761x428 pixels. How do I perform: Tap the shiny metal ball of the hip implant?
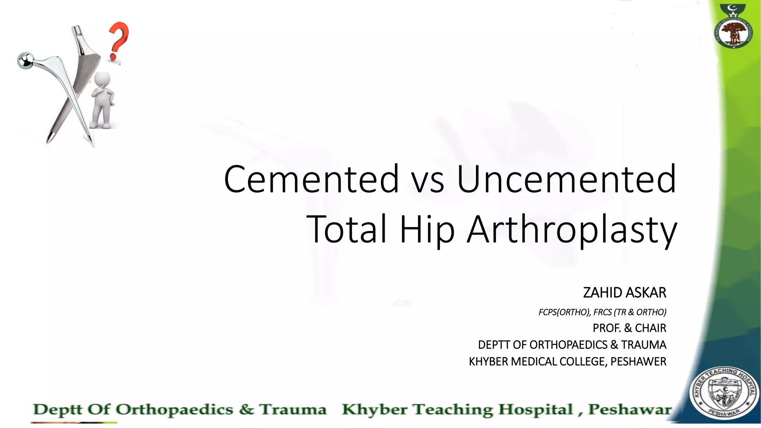[x=25, y=60]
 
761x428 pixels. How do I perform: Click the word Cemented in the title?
[x=311, y=179]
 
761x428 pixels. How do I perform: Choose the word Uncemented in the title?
[x=566, y=179]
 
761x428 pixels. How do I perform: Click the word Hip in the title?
[x=427, y=230]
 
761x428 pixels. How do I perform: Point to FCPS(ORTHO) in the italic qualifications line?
[x=564, y=312]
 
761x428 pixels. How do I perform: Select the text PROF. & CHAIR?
[x=629, y=328]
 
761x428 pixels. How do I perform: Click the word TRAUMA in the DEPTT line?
[x=644, y=345]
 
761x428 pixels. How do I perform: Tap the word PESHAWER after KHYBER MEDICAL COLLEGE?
[x=638, y=361]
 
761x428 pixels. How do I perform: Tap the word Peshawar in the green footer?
[x=630, y=409]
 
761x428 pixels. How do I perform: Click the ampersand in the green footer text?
[x=246, y=409]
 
